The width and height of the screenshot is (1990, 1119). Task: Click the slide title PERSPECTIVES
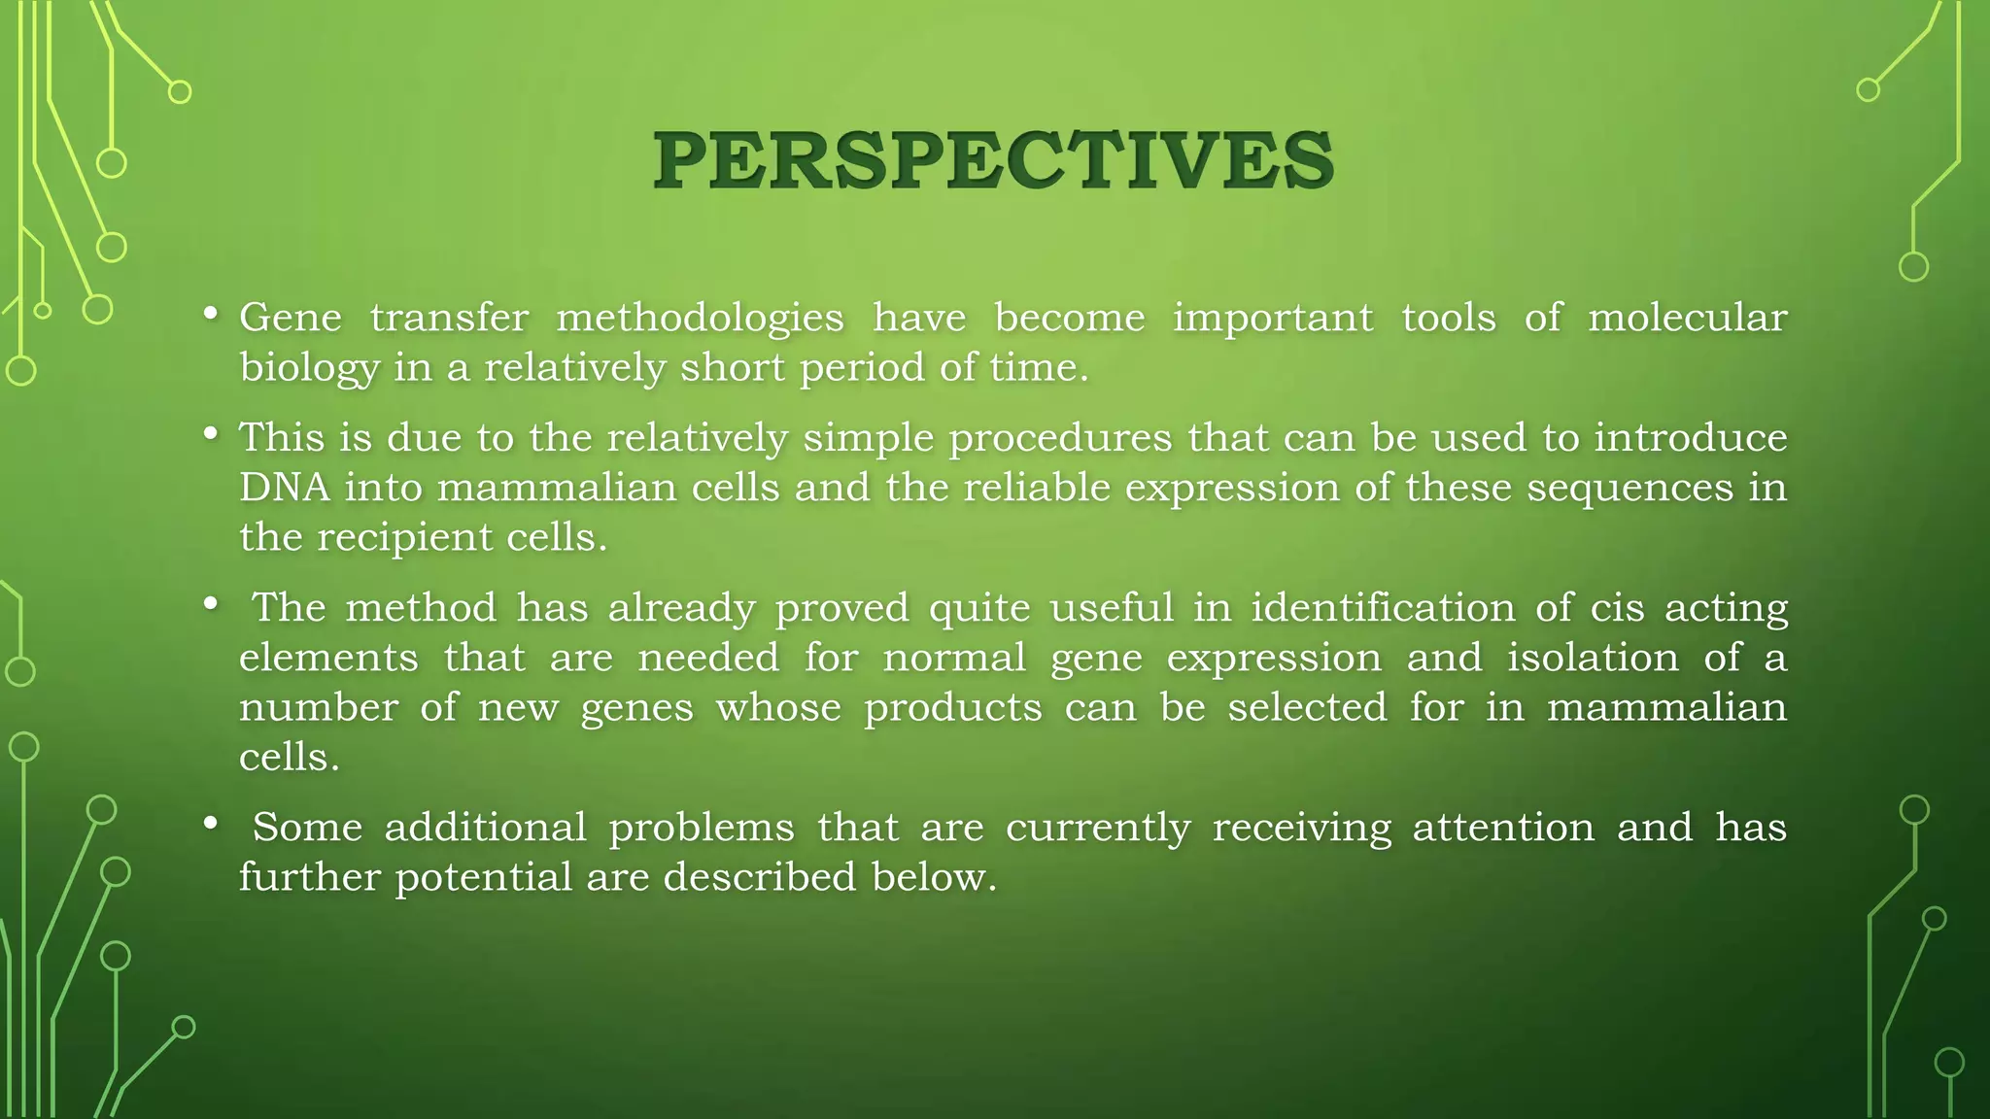pos(993,160)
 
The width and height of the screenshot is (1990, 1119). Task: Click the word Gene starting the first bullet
pos(291,318)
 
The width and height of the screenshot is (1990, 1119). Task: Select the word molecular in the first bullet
pos(1687,318)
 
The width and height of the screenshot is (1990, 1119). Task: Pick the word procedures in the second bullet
pos(1060,439)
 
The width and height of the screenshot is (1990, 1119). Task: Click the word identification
pos(1383,608)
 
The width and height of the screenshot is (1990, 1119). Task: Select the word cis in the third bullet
pos(1617,608)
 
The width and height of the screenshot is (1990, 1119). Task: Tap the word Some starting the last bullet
pos(306,828)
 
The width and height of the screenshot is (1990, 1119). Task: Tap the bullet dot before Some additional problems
pos(210,824)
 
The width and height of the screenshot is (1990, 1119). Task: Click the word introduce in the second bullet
pos(1690,437)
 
